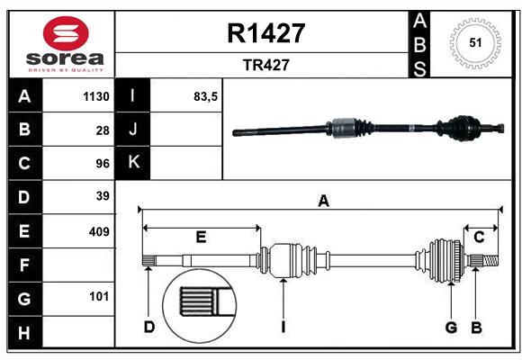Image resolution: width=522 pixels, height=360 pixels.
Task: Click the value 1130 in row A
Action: pos(95,96)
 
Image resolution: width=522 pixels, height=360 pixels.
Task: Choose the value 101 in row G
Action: pos(99,296)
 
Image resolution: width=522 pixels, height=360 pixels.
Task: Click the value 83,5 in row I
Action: pos(206,96)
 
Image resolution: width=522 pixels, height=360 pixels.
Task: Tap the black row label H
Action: pos(24,333)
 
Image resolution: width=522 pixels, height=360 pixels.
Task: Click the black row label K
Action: pos(134,163)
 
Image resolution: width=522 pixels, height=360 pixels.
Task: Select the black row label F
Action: pos(24,265)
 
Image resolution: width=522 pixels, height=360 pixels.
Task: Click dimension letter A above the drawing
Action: pos(323,202)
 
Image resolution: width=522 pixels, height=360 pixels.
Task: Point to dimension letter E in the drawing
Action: pos(201,237)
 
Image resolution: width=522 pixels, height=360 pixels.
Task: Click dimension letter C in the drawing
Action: pos(479,237)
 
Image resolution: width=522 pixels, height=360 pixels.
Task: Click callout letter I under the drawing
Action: pos(283,327)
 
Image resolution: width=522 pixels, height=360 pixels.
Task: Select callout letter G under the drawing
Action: pos(451,327)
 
